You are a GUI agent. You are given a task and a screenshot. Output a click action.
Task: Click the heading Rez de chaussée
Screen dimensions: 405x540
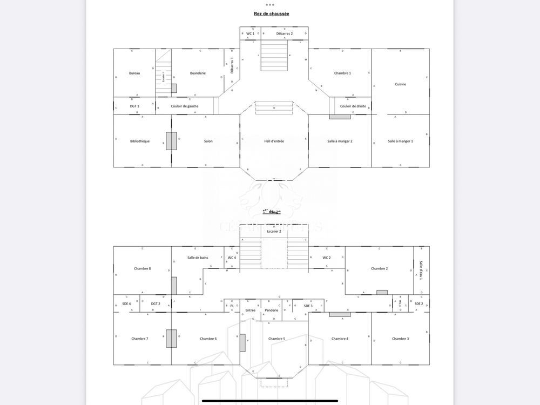click(271, 13)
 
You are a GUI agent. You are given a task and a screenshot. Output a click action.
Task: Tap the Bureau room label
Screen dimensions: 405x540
click(134, 73)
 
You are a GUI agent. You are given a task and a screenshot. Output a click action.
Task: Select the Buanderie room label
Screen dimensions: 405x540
click(198, 73)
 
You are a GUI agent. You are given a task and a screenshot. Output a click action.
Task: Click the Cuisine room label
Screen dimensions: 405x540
click(400, 84)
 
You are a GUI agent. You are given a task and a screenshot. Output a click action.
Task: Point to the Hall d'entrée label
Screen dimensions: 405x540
click(274, 141)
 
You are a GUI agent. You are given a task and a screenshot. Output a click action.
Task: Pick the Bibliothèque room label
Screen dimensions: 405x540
click(140, 141)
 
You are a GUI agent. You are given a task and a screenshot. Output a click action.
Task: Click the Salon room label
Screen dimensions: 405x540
click(208, 141)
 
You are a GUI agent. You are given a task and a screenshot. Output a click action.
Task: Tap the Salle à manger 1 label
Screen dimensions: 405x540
click(400, 141)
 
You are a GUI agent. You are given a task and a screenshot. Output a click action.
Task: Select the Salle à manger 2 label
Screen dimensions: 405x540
click(340, 141)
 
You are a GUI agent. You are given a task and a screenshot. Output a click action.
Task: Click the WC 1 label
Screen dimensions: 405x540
click(250, 33)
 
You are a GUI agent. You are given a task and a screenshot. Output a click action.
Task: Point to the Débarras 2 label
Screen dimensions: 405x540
click(284, 33)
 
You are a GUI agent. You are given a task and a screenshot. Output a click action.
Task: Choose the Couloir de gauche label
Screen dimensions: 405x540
click(185, 106)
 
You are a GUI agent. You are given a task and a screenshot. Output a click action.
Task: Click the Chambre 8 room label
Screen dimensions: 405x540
click(142, 268)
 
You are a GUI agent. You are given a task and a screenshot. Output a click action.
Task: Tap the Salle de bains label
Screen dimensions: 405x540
click(198, 258)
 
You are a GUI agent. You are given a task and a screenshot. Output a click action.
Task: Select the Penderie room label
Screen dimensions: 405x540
click(271, 310)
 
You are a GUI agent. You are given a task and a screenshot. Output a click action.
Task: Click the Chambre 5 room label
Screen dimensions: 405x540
click(276, 339)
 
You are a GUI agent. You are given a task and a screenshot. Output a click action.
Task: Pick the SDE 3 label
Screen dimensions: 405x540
click(308, 306)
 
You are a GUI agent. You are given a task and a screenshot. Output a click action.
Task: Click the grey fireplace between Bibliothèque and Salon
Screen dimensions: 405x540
click(171, 141)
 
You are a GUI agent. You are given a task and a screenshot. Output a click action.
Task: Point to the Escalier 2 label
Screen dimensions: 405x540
click(274, 231)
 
